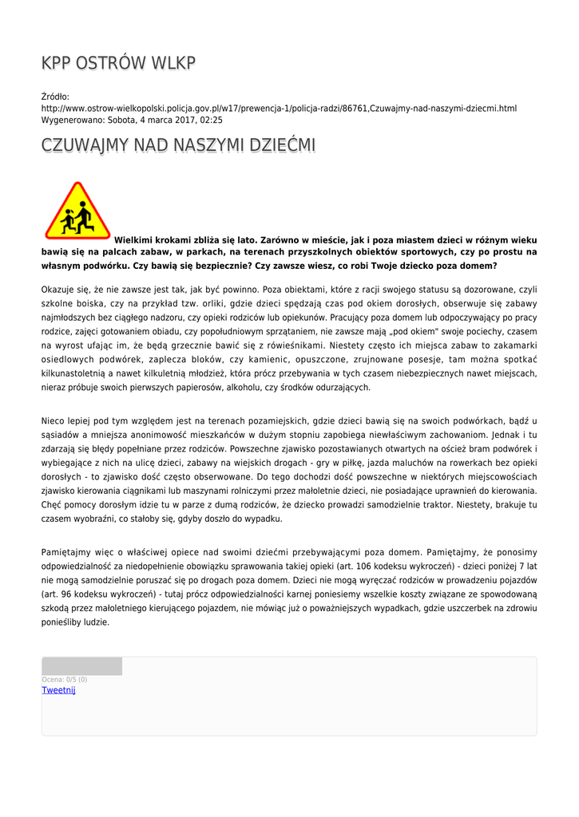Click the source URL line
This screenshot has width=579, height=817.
pos(279,108)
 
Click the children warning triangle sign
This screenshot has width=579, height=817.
pos(77,211)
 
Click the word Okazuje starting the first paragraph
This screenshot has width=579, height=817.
pos(60,290)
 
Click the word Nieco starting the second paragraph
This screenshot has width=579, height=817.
pos(54,420)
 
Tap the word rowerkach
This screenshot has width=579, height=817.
pos(419,462)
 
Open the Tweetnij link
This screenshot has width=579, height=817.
pos(58,690)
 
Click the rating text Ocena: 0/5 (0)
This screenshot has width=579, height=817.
pos(65,680)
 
